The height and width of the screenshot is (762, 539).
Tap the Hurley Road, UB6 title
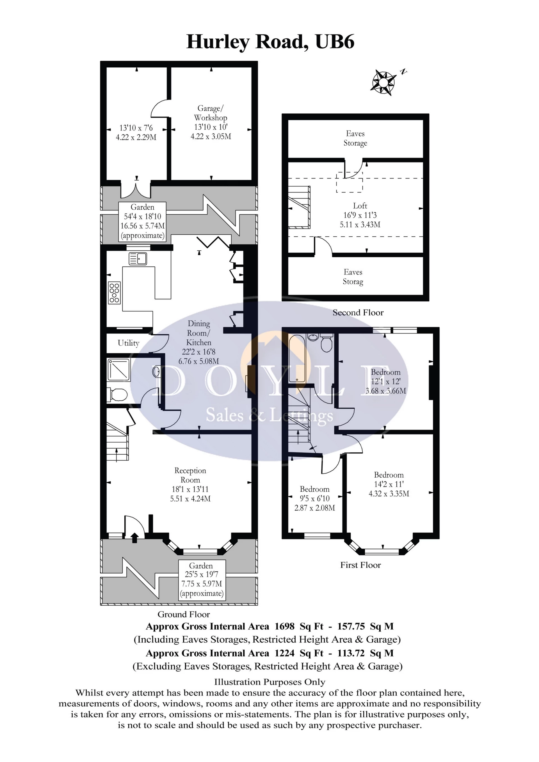pos(270,42)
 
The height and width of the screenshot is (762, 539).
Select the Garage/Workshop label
pos(211,113)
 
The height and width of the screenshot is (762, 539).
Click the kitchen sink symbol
pos(138,258)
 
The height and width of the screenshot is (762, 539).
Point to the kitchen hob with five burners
pos(115,292)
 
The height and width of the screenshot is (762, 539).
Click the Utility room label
pos(129,343)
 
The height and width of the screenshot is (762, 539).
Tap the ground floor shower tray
pos(118,369)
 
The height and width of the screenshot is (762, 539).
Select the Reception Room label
pos(190,475)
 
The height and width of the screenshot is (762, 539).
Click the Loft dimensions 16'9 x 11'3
pos(360,215)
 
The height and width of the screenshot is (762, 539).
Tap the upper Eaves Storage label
pos(355,138)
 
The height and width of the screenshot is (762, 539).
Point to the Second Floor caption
pos(358,313)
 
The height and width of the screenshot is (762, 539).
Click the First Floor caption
pos(360,565)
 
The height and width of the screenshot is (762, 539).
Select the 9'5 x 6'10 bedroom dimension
pos(315,498)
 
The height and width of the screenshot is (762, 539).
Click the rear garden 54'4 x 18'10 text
pos(142,216)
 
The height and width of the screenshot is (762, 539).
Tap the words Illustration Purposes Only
pos(269,682)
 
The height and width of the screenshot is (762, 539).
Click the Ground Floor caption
pos(184,614)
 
